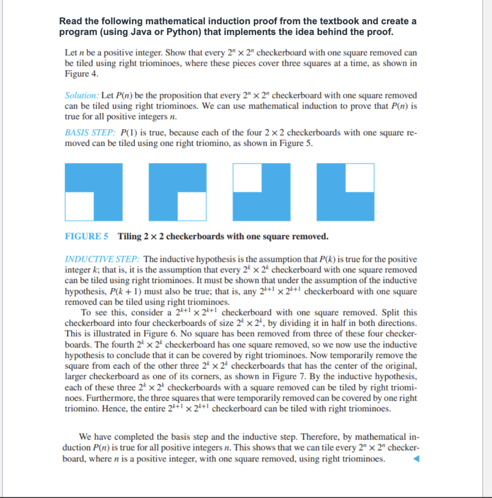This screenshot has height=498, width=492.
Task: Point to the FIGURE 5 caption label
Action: pyautogui.click(x=86, y=237)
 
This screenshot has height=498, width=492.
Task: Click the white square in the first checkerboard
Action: pyautogui.click(x=79, y=206)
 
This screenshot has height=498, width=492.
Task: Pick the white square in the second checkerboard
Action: pyautogui.click(x=192, y=206)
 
